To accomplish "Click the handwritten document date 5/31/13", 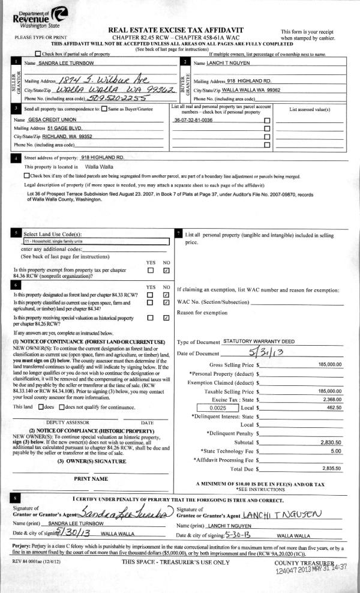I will pos(267,352).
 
